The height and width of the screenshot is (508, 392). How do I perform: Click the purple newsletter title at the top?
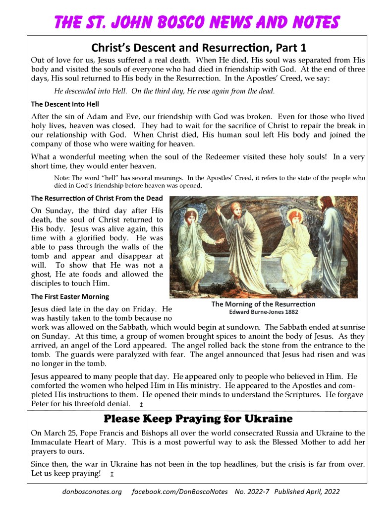[196, 22]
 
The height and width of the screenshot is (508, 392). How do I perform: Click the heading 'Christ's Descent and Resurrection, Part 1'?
[199, 48]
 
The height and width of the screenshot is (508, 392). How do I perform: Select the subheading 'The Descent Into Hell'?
[64, 104]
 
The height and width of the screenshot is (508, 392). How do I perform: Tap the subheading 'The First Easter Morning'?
[70, 296]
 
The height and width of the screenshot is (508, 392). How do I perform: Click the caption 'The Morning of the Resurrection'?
[263, 304]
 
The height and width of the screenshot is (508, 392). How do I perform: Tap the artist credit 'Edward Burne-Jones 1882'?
[263, 312]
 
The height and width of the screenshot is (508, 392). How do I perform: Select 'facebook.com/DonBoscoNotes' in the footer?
[180, 492]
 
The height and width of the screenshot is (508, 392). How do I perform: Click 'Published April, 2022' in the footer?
[307, 492]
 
